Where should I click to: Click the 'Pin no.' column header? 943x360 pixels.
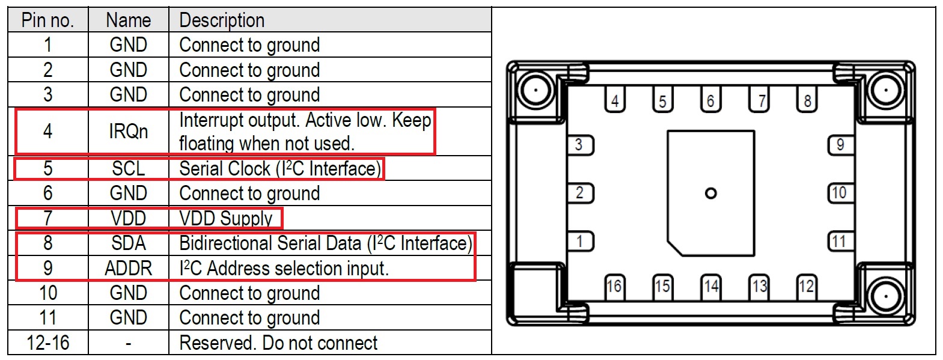tap(47, 20)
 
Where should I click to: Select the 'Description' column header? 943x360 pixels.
tap(222, 20)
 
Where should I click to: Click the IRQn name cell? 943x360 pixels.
tap(128, 131)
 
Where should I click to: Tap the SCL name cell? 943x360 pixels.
tap(128, 169)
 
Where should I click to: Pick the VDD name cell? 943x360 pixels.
tap(128, 218)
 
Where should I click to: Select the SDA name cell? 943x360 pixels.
tap(128, 243)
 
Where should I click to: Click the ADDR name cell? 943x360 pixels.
tap(128, 268)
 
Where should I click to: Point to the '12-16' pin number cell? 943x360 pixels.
tap(47, 343)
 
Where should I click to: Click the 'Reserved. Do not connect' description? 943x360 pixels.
tap(278, 343)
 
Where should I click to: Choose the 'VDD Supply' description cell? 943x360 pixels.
tap(226, 218)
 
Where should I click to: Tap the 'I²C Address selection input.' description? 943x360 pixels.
tap(284, 268)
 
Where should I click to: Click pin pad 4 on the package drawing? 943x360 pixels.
tap(614, 100)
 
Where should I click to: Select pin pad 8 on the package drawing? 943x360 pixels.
tap(807, 100)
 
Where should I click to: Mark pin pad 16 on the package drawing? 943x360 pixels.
tap(614, 286)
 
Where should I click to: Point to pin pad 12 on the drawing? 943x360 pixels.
tap(806, 286)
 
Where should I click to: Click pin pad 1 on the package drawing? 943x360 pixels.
tap(580, 242)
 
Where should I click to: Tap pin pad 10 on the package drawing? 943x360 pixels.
tap(839, 193)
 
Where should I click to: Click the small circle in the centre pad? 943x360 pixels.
tap(710, 194)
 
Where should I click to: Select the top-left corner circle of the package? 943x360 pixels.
tap(534, 90)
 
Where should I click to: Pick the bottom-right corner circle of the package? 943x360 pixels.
tap(885, 296)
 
